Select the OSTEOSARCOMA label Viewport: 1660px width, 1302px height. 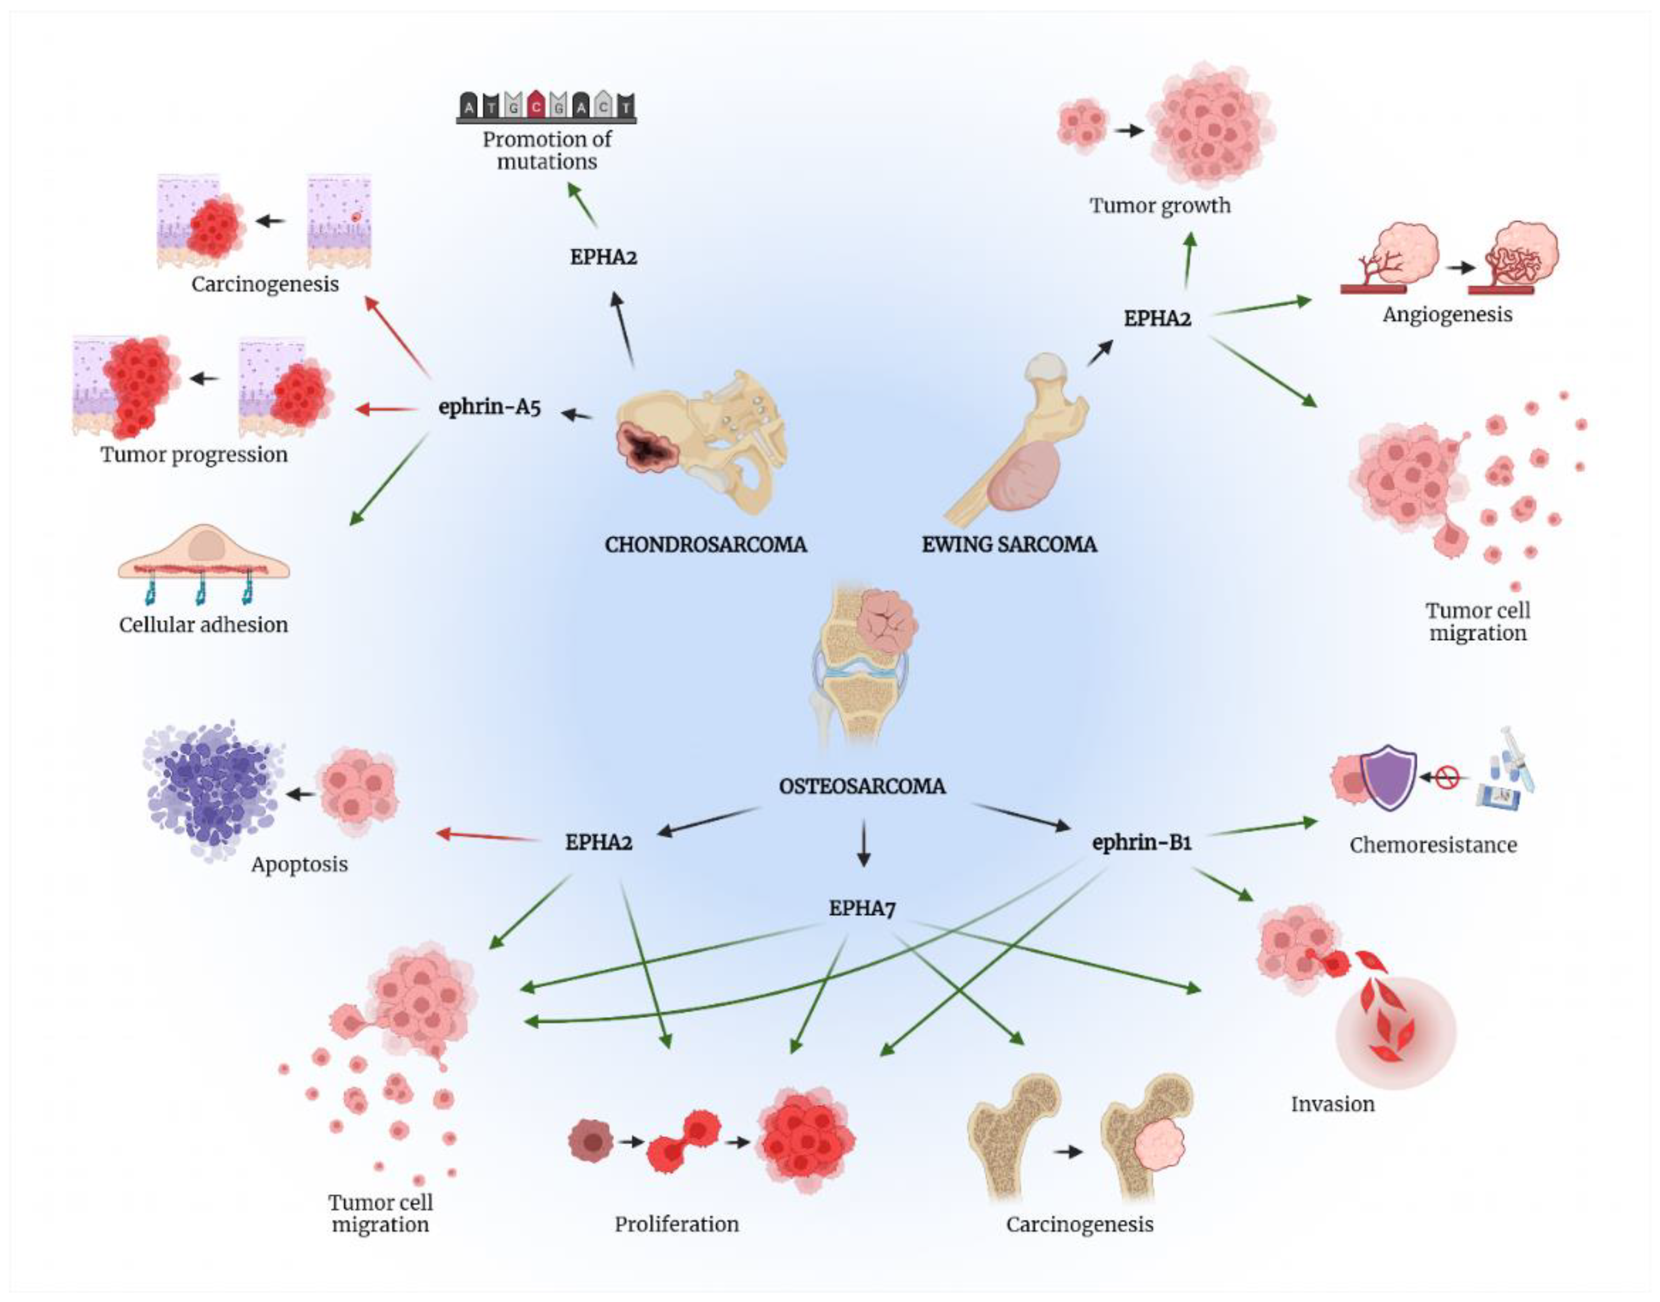click(862, 786)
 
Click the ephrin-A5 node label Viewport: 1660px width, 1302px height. click(490, 407)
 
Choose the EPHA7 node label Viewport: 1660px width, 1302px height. click(862, 909)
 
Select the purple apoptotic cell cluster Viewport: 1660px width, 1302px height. click(210, 789)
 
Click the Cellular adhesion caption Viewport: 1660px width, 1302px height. click(203, 625)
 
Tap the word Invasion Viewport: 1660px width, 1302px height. click(1332, 1104)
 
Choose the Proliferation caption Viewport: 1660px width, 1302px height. click(677, 1224)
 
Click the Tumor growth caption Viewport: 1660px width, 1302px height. click(1159, 206)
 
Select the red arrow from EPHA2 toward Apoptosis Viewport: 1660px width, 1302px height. click(488, 836)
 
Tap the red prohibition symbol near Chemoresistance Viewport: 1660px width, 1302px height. click(1447, 778)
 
